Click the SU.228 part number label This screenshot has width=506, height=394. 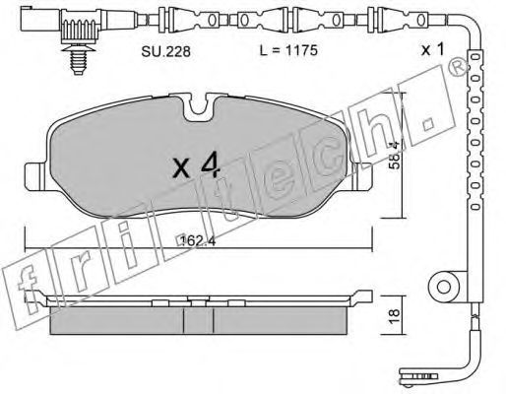tap(165, 51)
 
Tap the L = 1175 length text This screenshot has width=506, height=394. tap(288, 50)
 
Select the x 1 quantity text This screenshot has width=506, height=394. tap(432, 50)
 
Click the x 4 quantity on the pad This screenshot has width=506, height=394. tap(196, 166)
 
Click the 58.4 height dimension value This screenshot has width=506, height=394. tap(395, 155)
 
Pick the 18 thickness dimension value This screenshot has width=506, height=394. tap(395, 316)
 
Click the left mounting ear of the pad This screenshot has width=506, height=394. tap(36, 176)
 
